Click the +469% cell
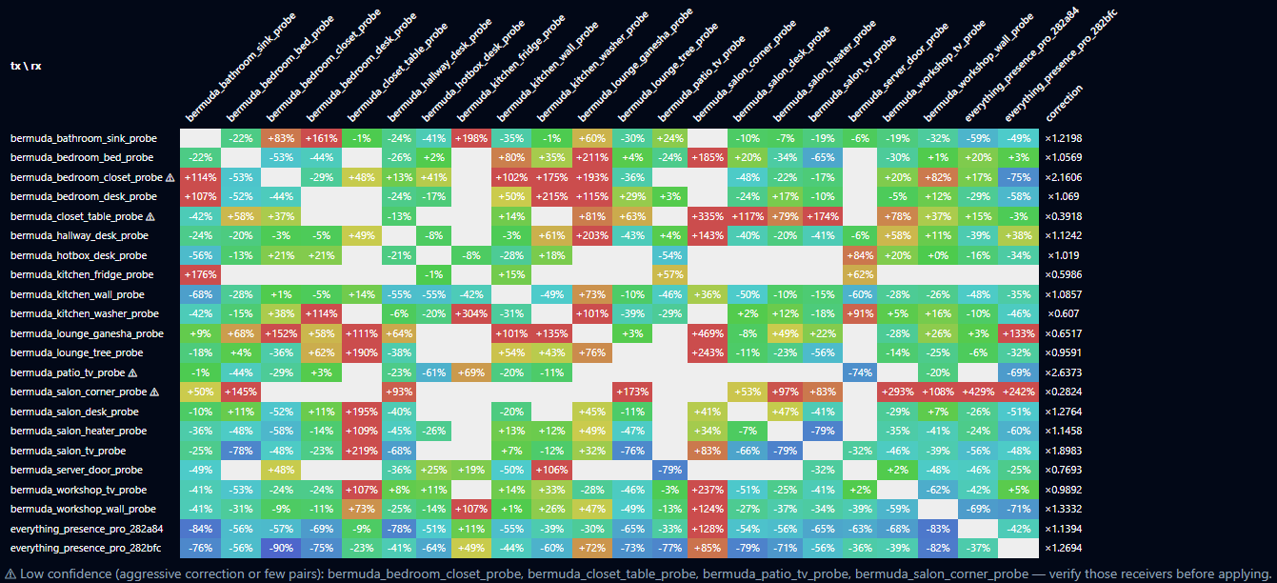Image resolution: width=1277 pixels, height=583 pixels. (x=707, y=333)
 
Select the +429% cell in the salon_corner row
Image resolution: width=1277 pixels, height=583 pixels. (x=978, y=392)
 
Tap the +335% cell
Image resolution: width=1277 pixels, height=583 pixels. (x=707, y=216)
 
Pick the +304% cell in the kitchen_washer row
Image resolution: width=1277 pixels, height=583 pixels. (x=470, y=313)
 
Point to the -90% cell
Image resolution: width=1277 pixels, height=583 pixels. (x=281, y=548)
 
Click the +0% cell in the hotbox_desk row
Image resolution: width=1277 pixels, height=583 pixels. (x=938, y=255)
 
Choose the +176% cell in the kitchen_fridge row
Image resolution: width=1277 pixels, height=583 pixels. (x=200, y=274)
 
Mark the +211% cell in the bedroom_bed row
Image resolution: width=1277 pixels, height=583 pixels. (x=591, y=157)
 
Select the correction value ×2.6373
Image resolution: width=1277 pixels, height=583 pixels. (x=1064, y=372)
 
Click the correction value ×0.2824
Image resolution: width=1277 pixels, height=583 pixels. (x=1064, y=392)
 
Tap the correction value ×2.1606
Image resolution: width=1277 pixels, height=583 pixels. (x=1064, y=177)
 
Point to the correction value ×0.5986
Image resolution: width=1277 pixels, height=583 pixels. (x=1064, y=274)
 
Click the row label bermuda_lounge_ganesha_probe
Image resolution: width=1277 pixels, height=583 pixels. (x=87, y=333)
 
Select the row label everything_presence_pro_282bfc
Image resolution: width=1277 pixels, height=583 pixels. (x=86, y=548)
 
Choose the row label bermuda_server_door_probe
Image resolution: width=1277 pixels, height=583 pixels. (x=76, y=470)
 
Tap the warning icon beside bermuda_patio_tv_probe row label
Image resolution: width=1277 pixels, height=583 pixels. (x=132, y=373)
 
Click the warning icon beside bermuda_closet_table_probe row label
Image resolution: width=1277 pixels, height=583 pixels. (x=150, y=217)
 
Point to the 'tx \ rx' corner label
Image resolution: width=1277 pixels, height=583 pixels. (x=26, y=66)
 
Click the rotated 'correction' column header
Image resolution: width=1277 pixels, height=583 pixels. (x=1064, y=103)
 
